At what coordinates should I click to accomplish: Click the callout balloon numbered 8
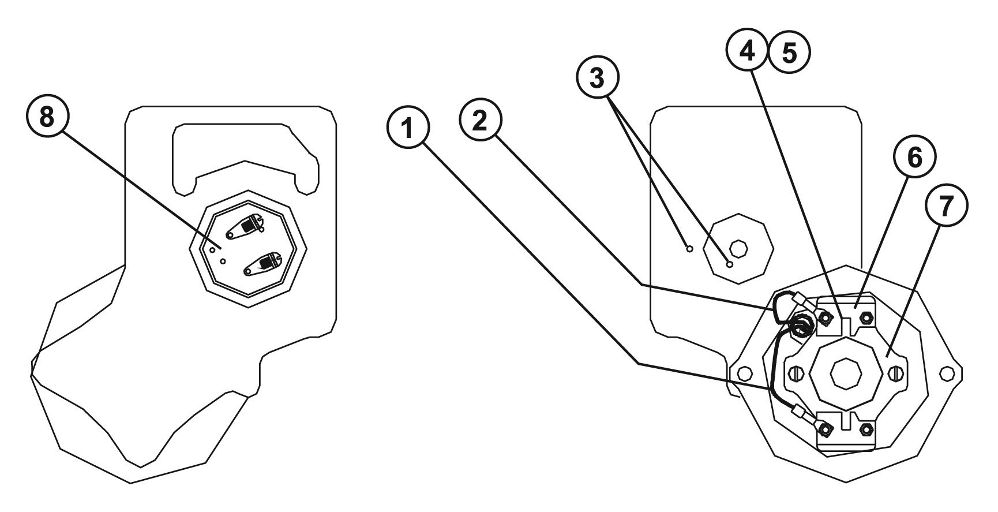[46, 118]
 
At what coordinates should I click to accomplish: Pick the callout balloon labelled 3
[597, 79]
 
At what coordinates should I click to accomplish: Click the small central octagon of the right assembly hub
[845, 374]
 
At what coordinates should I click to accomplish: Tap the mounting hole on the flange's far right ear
[947, 373]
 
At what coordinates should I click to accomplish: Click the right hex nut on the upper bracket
[865, 318]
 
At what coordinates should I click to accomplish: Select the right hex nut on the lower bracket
[865, 429]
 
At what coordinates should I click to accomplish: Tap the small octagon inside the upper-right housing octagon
[738, 249]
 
